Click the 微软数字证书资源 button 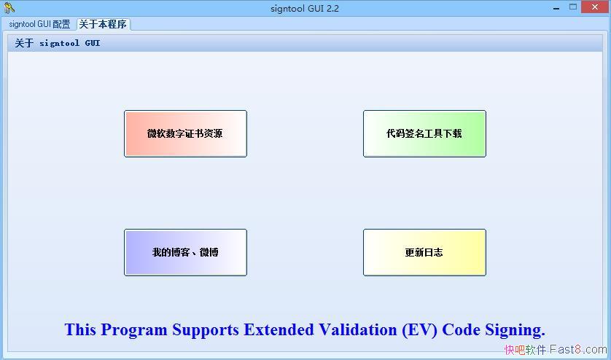pyautogui.click(x=185, y=133)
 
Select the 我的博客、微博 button pyautogui.click(x=185, y=252)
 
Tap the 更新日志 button pyautogui.click(x=424, y=252)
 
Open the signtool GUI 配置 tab pyautogui.click(x=39, y=24)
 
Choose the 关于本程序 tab pyautogui.click(x=103, y=24)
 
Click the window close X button pyautogui.click(x=594, y=7)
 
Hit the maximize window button pyautogui.click(x=573, y=7)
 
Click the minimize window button pyautogui.click(x=554, y=7)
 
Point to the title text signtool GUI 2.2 pyautogui.click(x=305, y=8)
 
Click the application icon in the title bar pyautogui.click(x=9, y=8)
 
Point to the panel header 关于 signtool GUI pyautogui.click(x=58, y=43)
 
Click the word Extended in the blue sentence pyautogui.click(x=279, y=330)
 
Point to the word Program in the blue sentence pyautogui.click(x=135, y=330)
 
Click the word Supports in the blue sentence pyautogui.click(x=206, y=330)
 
